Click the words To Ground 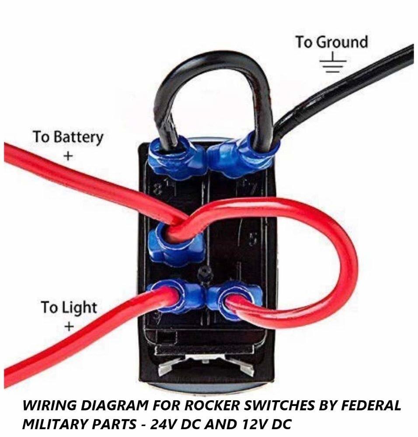coord(331,42)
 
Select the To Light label coord(68,307)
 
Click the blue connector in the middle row coord(175,243)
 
